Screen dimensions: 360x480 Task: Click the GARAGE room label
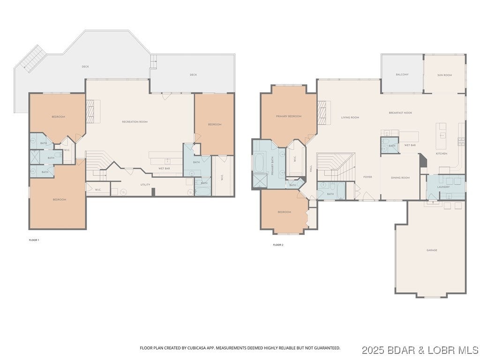click(432, 250)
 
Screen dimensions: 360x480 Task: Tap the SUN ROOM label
click(444, 75)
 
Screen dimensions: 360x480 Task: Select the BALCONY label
click(402, 75)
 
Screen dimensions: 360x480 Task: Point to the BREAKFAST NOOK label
click(400, 113)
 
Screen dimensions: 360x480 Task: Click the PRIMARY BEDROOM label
click(288, 116)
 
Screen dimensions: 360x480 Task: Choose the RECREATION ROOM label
click(135, 122)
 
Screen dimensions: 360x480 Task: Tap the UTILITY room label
click(145, 185)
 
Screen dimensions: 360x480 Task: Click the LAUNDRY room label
click(443, 187)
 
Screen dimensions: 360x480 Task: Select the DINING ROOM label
click(400, 178)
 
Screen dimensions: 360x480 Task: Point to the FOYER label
click(367, 177)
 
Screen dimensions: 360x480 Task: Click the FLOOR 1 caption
click(34, 240)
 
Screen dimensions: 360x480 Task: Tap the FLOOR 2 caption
click(278, 245)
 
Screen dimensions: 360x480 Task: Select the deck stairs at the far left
click(31, 59)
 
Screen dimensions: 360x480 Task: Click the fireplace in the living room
click(322, 114)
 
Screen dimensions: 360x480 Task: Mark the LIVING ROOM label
click(350, 118)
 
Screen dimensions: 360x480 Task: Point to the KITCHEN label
click(442, 154)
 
